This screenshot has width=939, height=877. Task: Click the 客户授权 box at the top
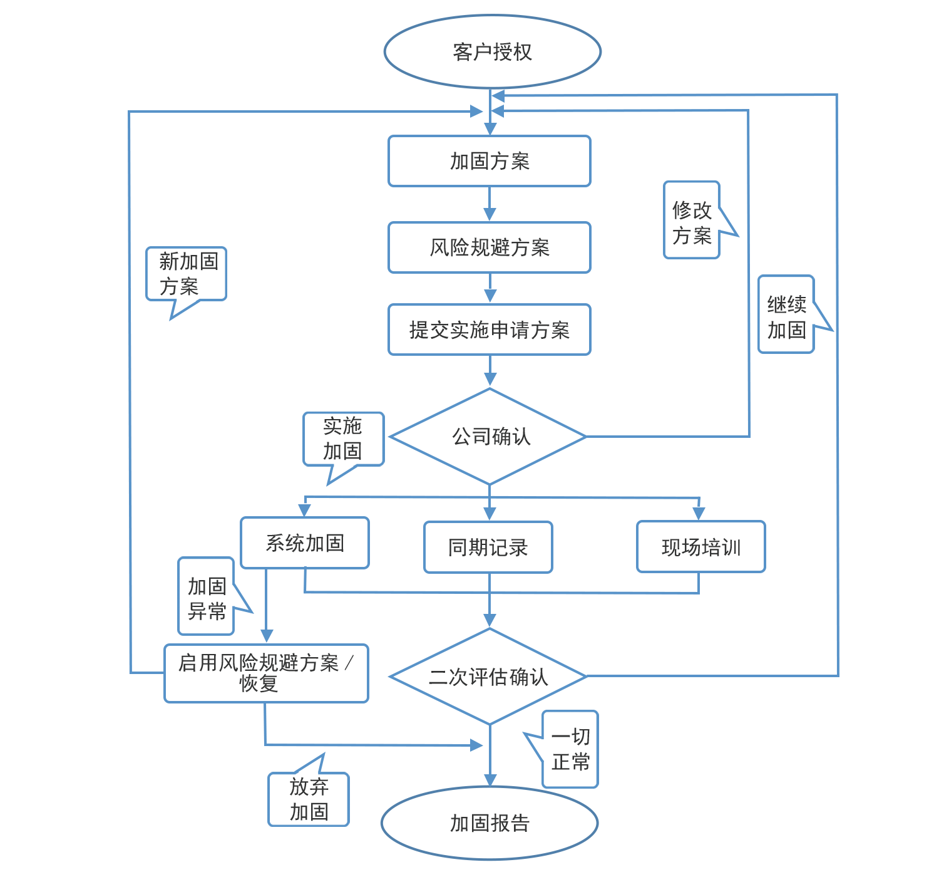(x=492, y=52)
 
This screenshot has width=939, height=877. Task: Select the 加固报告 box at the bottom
(x=490, y=823)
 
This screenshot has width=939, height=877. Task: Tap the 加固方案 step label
(x=490, y=162)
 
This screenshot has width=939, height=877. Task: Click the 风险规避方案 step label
(x=490, y=248)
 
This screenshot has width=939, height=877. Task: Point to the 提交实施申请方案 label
(x=490, y=330)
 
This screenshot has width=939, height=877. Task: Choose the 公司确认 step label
(x=491, y=437)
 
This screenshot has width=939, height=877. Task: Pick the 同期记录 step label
(x=489, y=548)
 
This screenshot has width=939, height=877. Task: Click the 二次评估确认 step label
(x=489, y=677)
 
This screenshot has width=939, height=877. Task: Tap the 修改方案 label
(x=692, y=223)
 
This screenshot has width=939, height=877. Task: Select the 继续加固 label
(x=787, y=318)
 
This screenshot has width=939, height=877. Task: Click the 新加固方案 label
(x=188, y=274)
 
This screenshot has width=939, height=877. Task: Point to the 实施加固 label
(x=342, y=438)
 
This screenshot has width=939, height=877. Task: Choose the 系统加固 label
(x=305, y=543)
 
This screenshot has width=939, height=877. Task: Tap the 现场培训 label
(x=701, y=548)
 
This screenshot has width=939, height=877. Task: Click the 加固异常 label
(x=207, y=599)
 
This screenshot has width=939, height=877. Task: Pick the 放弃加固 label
(x=309, y=799)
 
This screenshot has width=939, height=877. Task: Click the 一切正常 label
(x=570, y=749)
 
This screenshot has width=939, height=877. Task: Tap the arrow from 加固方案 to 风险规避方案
(x=490, y=205)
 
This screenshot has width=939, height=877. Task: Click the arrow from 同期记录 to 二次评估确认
(x=490, y=611)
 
